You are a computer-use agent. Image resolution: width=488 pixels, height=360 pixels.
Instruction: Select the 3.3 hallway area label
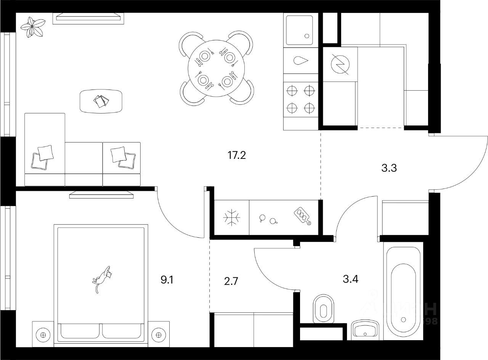click(389, 168)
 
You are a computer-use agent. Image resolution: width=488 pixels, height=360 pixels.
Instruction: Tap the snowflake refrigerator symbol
click(231, 218)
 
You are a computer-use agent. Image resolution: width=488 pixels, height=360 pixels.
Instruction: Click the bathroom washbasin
click(365, 329)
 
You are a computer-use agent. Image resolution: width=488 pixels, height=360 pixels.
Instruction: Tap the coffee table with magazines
click(101, 101)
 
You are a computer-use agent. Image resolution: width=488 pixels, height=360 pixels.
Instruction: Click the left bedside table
click(43, 335)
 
